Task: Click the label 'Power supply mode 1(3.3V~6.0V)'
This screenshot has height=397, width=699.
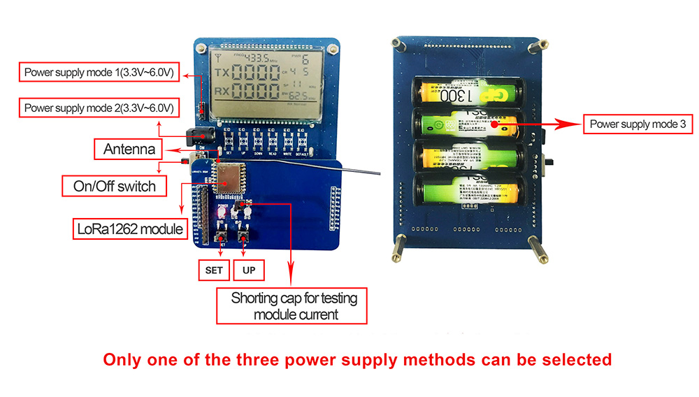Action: coord(99,71)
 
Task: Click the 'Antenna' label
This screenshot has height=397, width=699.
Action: coord(129,149)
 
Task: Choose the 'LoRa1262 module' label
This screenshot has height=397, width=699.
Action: coord(129,229)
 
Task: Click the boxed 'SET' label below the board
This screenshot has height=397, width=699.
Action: coord(213,270)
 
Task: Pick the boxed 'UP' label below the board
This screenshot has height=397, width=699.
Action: coord(248,270)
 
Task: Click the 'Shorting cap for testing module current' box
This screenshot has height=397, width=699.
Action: coord(294,306)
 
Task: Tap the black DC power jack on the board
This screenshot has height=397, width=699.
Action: coord(198,136)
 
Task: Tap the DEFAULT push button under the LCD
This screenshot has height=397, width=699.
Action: coord(303,142)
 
